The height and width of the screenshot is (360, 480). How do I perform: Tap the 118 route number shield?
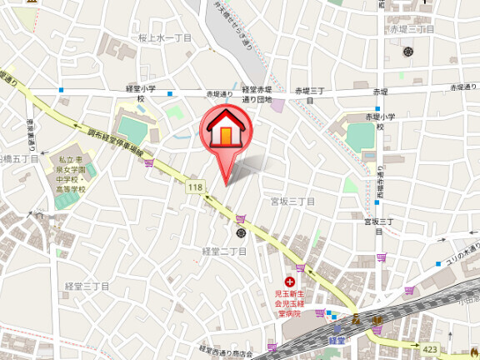pyautogui.click(x=195, y=188)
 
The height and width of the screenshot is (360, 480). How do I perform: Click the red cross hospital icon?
pyautogui.click(x=290, y=282)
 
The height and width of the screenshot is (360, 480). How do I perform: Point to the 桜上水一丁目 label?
pyautogui.click(x=165, y=38)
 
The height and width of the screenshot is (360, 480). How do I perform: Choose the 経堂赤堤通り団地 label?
pyautogui.click(x=257, y=93)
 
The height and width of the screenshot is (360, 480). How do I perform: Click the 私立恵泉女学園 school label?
pyautogui.click(x=71, y=172)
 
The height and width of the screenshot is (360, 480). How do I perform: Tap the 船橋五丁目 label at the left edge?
pyautogui.click(x=15, y=158)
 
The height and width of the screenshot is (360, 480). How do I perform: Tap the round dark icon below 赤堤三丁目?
pyautogui.click(x=408, y=52)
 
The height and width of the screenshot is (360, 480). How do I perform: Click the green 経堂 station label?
pyautogui.click(x=337, y=339)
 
